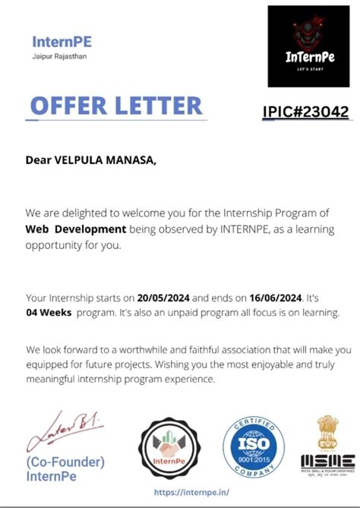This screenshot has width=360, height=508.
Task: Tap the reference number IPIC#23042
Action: point(305,112)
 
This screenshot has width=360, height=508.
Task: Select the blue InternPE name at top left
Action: point(62,41)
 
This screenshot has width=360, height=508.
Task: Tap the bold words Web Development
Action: point(75,228)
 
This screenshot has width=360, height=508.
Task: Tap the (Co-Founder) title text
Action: point(65,462)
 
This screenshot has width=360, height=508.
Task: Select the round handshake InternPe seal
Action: point(170,450)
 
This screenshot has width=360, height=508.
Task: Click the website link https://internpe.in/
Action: point(191,492)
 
